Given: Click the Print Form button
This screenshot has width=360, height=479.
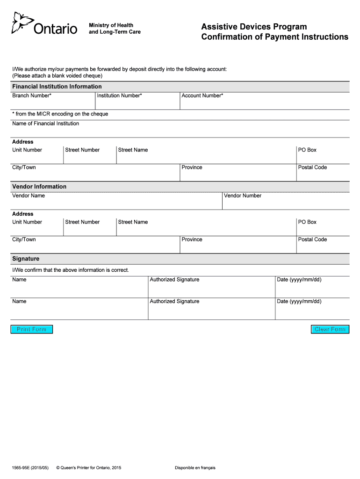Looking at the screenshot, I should [x=32, y=329].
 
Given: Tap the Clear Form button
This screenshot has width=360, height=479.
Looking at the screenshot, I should [x=330, y=329].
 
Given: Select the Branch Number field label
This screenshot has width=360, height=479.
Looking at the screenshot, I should [x=32, y=95].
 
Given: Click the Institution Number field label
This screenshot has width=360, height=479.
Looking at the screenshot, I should [x=119, y=95].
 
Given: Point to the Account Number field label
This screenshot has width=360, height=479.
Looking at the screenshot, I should [x=202, y=95].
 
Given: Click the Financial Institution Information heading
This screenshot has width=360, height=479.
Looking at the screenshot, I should [x=57, y=87].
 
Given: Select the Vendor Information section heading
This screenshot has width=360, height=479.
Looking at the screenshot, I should [x=39, y=187].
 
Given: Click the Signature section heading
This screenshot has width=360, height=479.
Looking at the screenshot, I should [x=26, y=259].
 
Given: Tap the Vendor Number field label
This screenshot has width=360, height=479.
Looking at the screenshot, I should [x=243, y=196].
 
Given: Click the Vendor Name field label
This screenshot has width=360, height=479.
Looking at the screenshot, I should [x=29, y=196].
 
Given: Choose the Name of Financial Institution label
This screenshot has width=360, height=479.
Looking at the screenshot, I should [x=46, y=123].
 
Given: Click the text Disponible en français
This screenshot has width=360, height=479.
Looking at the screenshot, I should [x=195, y=468].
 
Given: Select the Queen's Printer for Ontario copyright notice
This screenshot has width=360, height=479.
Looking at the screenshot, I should [x=88, y=468].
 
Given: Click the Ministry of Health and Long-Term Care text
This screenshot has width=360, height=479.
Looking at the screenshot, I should [x=115, y=29].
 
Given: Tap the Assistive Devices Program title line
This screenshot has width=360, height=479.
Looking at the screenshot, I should [x=254, y=27].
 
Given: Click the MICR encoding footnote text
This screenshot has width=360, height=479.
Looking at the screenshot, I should [x=60, y=114].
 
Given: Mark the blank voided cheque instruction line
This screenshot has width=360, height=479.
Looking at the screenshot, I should [x=57, y=75].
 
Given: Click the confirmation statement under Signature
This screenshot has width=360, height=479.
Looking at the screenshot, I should [x=71, y=270].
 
